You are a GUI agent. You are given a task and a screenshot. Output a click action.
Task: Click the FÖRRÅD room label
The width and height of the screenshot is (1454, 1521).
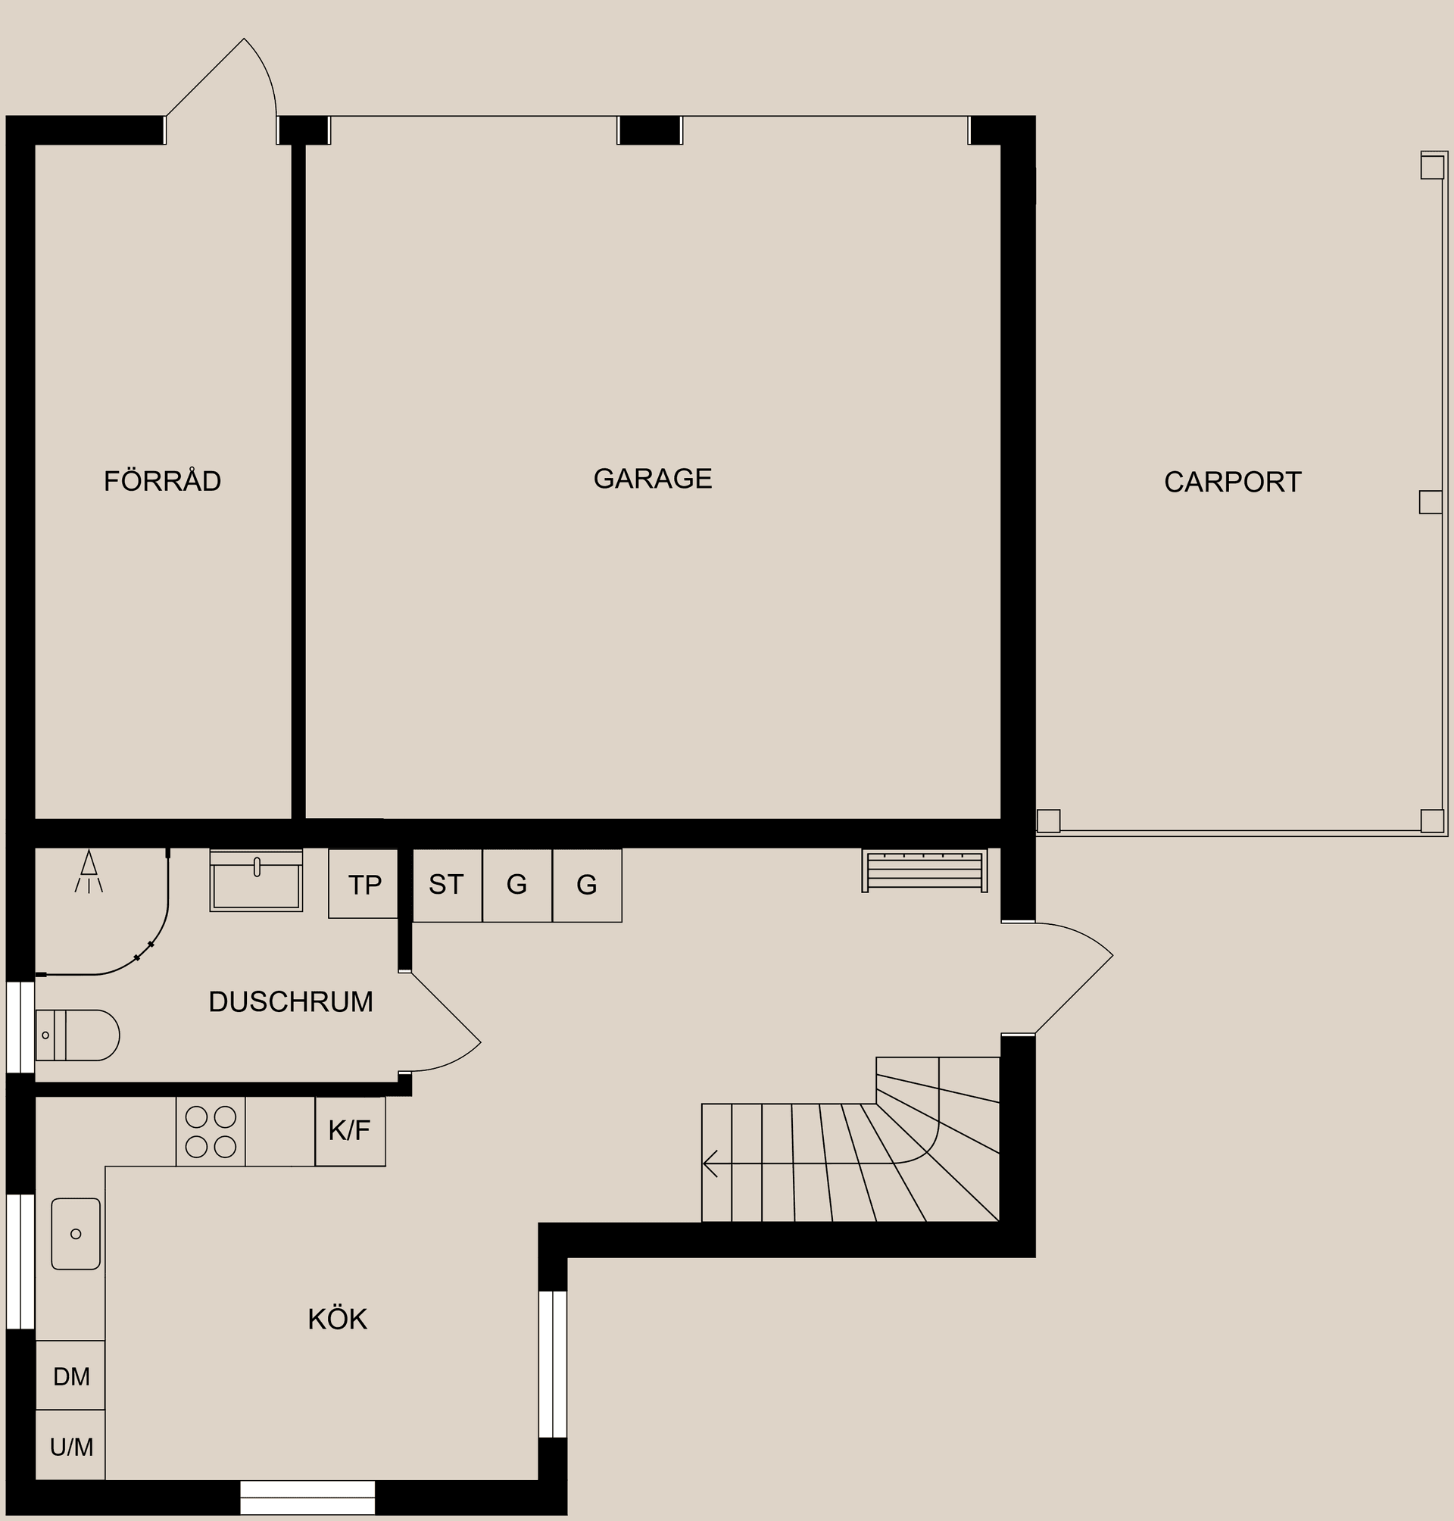(163, 482)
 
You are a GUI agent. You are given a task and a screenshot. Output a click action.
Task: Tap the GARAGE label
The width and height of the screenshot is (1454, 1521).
(653, 478)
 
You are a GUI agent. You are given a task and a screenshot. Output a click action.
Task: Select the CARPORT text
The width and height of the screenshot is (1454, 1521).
(1232, 483)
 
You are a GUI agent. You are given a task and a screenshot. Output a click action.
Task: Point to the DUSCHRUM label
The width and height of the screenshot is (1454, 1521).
(291, 1002)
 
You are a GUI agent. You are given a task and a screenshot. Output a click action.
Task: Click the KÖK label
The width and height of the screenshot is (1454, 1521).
(337, 1320)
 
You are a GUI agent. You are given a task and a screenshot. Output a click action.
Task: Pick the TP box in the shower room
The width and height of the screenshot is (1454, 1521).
(363, 885)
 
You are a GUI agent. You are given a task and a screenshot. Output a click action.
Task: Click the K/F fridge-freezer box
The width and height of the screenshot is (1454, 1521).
(350, 1131)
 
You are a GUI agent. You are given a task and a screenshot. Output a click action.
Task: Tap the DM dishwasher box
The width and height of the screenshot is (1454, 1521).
(70, 1377)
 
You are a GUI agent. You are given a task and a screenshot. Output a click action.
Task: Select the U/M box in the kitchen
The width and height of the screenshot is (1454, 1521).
(70, 1447)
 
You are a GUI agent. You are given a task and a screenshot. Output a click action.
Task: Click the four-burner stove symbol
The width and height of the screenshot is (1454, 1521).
(211, 1131)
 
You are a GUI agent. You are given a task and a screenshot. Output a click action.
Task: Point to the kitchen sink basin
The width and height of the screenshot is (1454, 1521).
(76, 1233)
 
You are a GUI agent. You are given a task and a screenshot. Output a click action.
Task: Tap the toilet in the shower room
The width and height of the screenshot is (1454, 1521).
(76, 1035)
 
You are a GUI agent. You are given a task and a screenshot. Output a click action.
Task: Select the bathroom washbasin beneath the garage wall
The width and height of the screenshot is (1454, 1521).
(256, 882)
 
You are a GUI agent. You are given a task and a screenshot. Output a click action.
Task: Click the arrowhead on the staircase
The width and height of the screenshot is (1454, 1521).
(710, 1163)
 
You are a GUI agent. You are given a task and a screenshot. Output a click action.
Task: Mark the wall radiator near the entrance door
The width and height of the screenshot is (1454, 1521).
(925, 870)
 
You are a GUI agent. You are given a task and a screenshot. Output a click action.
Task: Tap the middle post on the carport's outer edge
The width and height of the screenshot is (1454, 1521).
(1431, 501)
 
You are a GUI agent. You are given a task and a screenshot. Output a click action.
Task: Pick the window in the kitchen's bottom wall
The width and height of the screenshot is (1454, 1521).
(307, 1497)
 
